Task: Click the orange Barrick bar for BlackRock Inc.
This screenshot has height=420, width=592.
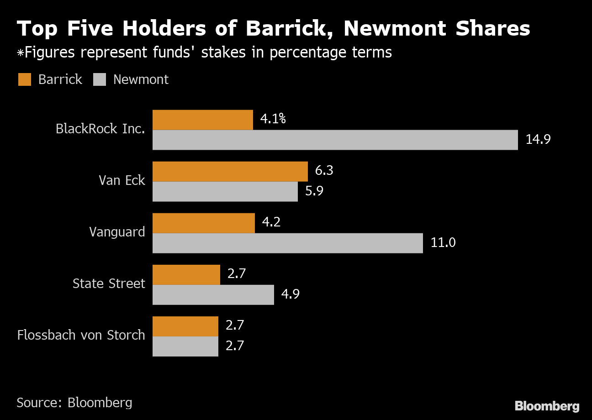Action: [x=202, y=120]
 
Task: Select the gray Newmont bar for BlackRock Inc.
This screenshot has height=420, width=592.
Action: [x=335, y=140]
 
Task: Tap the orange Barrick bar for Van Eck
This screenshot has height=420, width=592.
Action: [x=230, y=171]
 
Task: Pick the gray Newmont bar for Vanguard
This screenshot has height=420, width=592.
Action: [x=287, y=243]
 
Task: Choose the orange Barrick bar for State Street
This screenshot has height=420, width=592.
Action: [x=186, y=274]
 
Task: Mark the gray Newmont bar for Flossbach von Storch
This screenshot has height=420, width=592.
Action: [x=185, y=346]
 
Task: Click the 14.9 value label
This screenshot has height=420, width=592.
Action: [x=538, y=139]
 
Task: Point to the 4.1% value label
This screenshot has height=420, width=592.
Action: [x=273, y=119]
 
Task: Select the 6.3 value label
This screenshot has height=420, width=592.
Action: [x=324, y=171]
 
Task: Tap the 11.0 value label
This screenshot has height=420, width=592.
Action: [x=443, y=242]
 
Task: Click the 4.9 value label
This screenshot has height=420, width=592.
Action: [x=290, y=294]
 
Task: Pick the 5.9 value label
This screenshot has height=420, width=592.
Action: [x=314, y=191]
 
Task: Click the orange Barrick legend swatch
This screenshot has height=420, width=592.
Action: [x=25, y=79]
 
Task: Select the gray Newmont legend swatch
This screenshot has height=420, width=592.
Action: [x=100, y=79]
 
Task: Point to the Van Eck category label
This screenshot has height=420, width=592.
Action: [x=122, y=180]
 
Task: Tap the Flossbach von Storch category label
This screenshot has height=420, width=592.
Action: [x=81, y=335]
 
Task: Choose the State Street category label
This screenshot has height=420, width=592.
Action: [x=109, y=283]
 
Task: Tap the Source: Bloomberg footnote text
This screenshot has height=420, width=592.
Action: [x=74, y=402]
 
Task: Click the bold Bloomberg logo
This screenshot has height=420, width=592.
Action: [x=547, y=406]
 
